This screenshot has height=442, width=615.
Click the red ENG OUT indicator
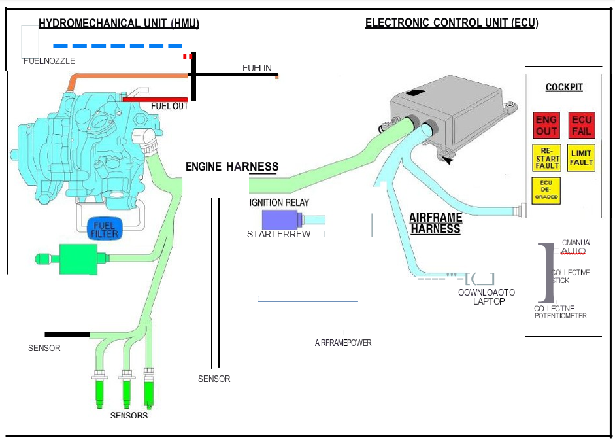coord(546,125)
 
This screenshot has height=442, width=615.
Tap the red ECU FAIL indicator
coord(581,125)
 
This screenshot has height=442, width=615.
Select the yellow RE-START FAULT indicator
coord(546,158)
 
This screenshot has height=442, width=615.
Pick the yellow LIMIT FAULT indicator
coord(581,158)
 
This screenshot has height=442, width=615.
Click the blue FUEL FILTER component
coord(105,229)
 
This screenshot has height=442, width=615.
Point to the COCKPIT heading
coord(564,87)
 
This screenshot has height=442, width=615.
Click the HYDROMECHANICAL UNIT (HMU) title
coord(119,24)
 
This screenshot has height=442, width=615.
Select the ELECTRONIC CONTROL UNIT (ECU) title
coord(452,23)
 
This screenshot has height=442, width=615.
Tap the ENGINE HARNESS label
coord(232,167)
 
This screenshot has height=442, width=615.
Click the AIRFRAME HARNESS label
coord(436,224)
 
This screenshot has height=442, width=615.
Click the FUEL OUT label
coord(169,106)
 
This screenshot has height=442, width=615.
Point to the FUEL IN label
coord(257,68)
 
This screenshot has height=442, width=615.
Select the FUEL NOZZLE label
coord(49,61)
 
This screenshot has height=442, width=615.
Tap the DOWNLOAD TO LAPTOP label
coord(487,297)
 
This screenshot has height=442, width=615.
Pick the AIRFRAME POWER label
coord(343,343)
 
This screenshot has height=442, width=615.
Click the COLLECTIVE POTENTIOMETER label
coord(560,312)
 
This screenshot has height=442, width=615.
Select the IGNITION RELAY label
coord(279,203)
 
